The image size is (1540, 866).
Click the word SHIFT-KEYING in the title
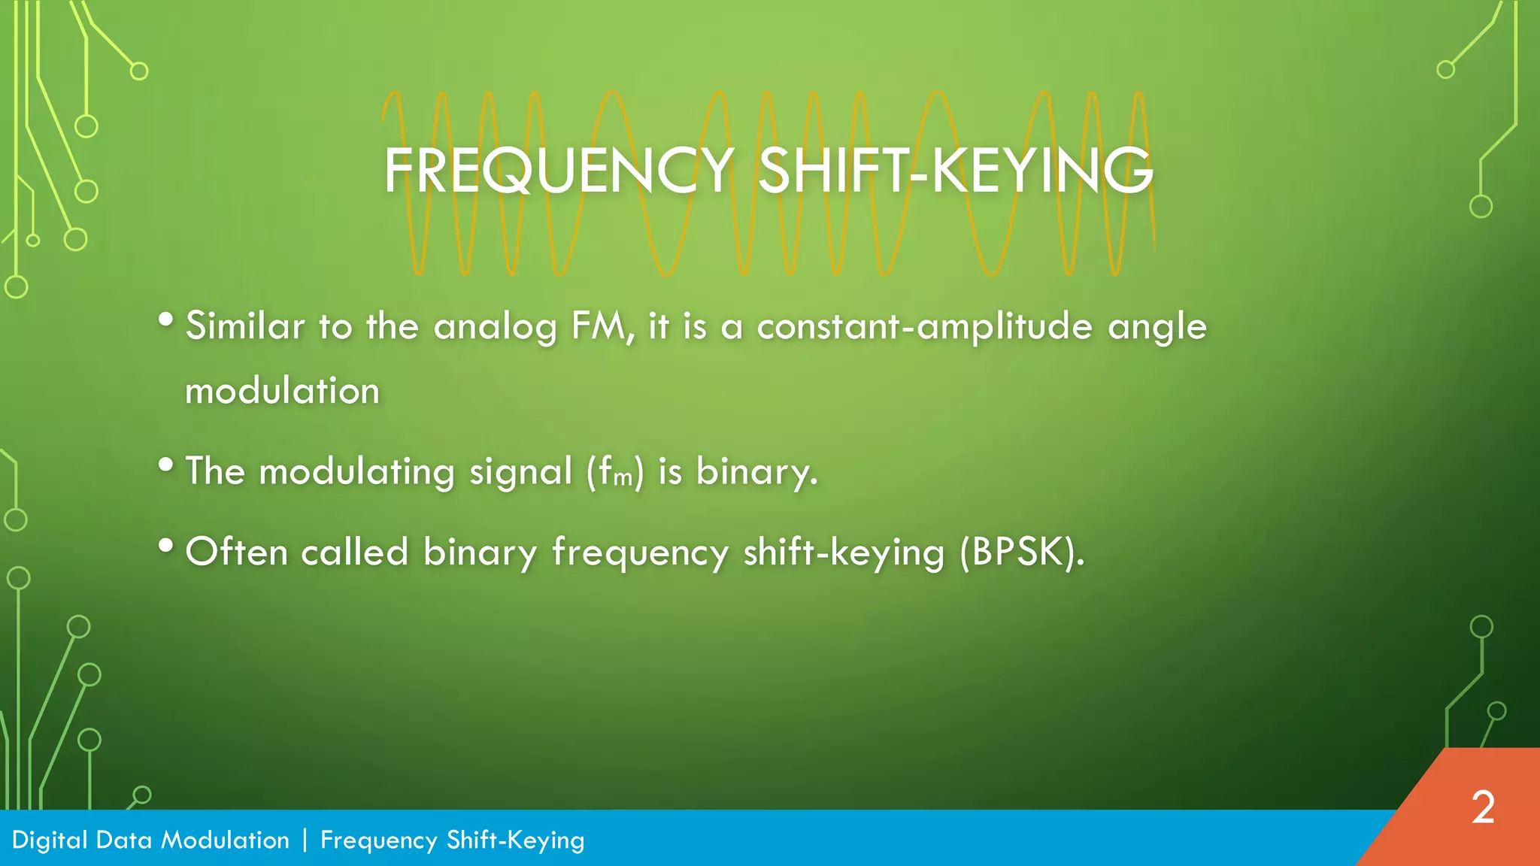pos(955,171)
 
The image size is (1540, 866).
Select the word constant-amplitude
pos(924,327)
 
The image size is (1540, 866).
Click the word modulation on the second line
pos(282,392)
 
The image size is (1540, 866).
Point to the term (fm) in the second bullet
pos(615,473)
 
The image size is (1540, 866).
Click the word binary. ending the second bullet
pos(756,473)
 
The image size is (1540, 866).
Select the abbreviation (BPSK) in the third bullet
pos(1021,553)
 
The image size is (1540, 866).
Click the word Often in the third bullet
pos(236,553)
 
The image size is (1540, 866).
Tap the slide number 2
pos(1483,808)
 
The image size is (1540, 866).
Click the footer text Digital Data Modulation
pos(150,840)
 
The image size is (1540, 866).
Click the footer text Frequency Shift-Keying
pos(452,840)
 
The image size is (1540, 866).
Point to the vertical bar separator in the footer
pos(305,840)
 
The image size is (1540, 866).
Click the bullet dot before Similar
pos(166,320)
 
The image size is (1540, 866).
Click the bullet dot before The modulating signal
pos(166,465)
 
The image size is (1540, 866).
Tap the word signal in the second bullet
pos(521,473)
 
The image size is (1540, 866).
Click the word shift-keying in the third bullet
pos(843,553)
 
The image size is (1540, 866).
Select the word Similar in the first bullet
pos(245,327)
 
